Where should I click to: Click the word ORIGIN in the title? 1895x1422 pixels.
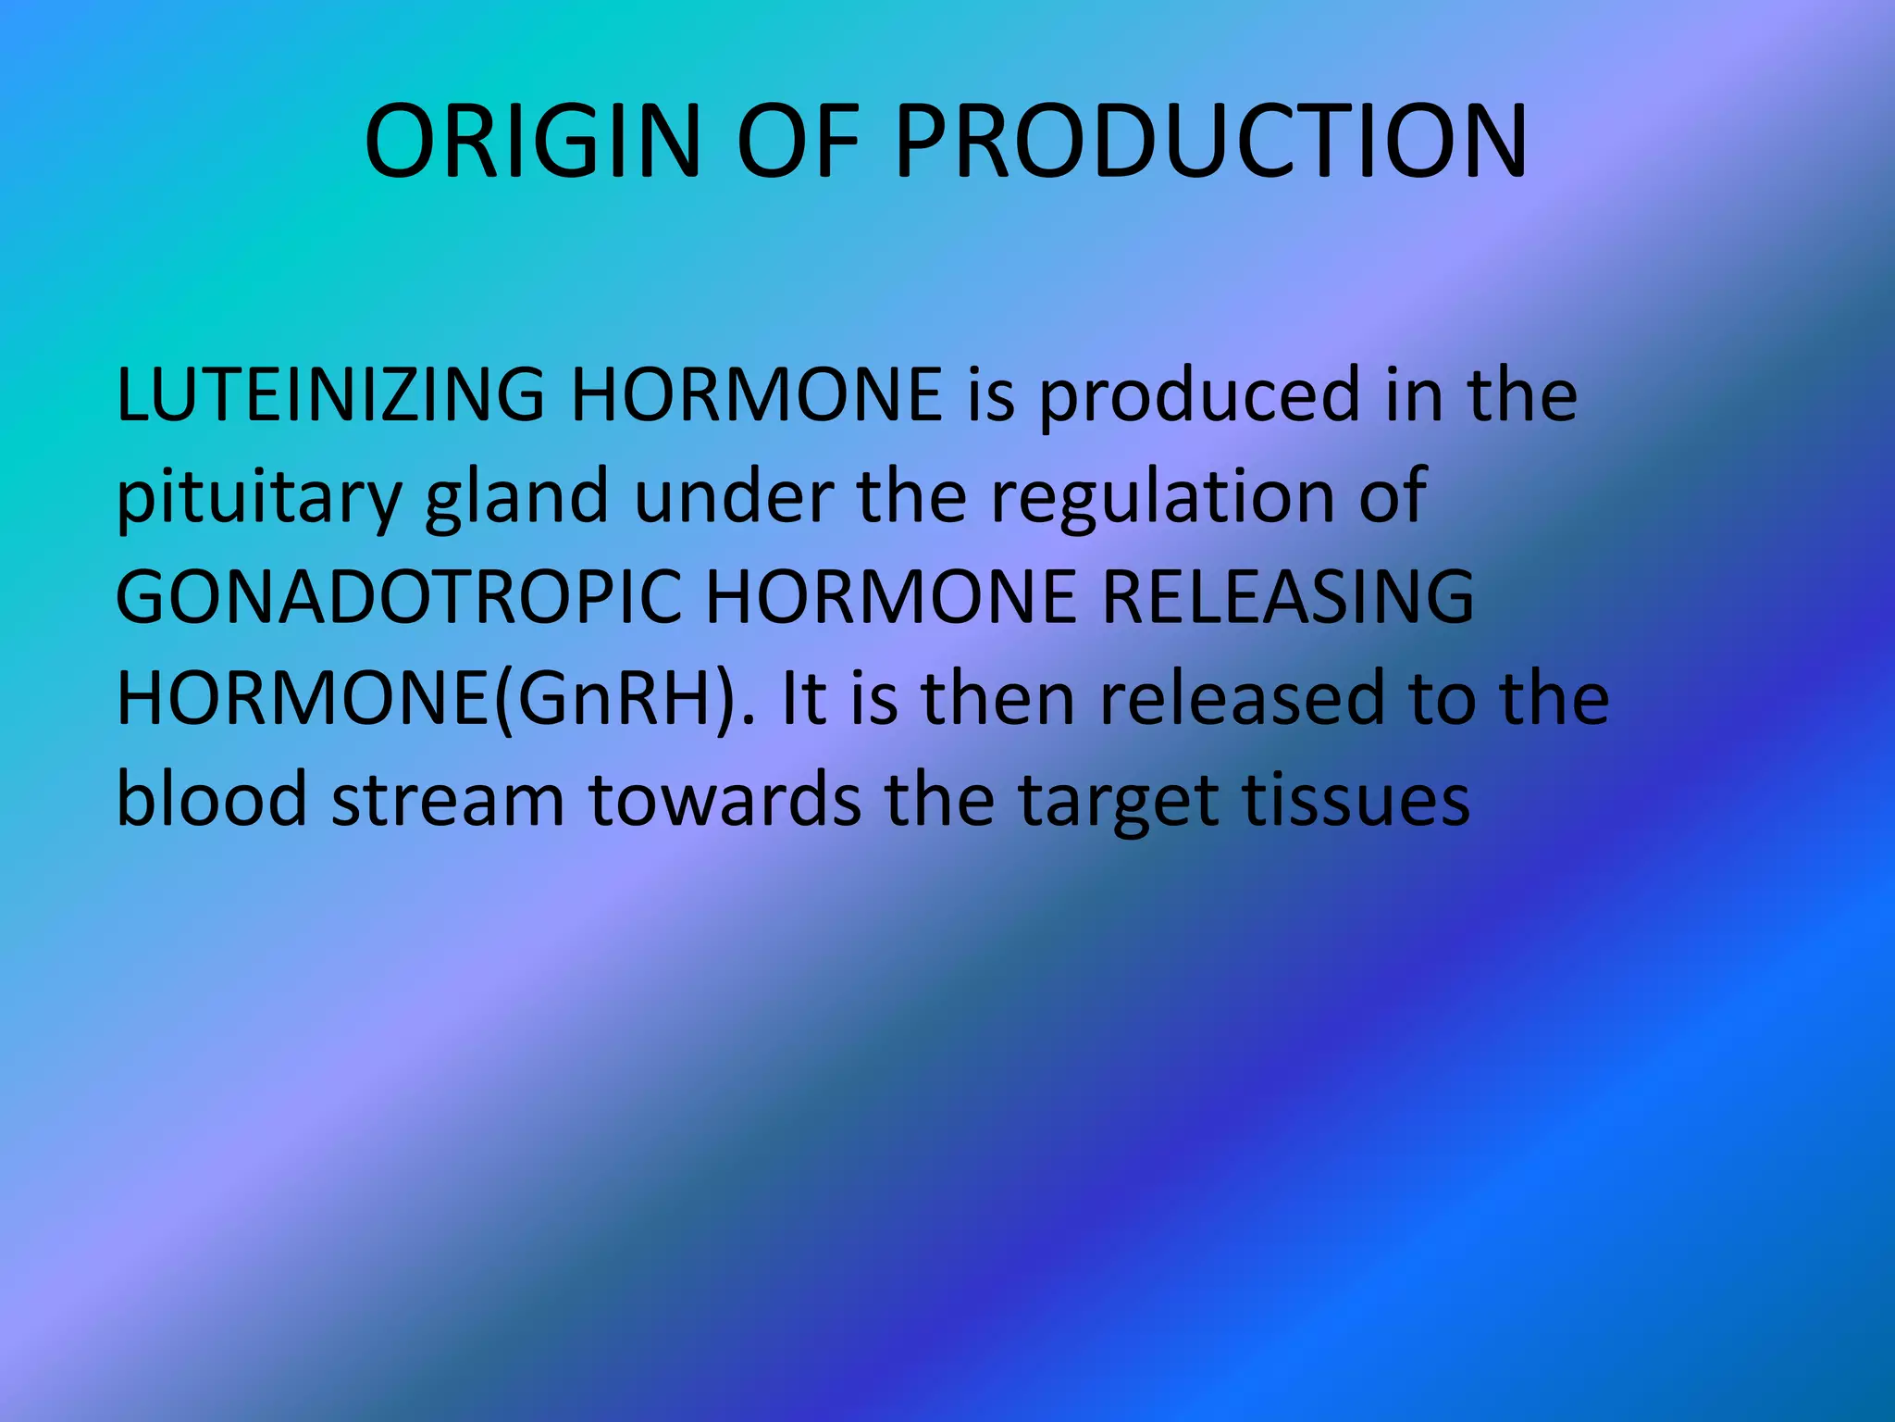[532, 142]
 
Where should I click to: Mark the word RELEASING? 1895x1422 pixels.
[1288, 598]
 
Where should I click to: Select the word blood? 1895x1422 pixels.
[212, 799]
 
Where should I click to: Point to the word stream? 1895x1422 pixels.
[448, 801]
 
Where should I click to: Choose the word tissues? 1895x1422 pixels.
[1356, 799]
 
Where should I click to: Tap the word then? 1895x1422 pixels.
[997, 699]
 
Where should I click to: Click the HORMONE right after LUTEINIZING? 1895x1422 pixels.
[756, 395]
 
